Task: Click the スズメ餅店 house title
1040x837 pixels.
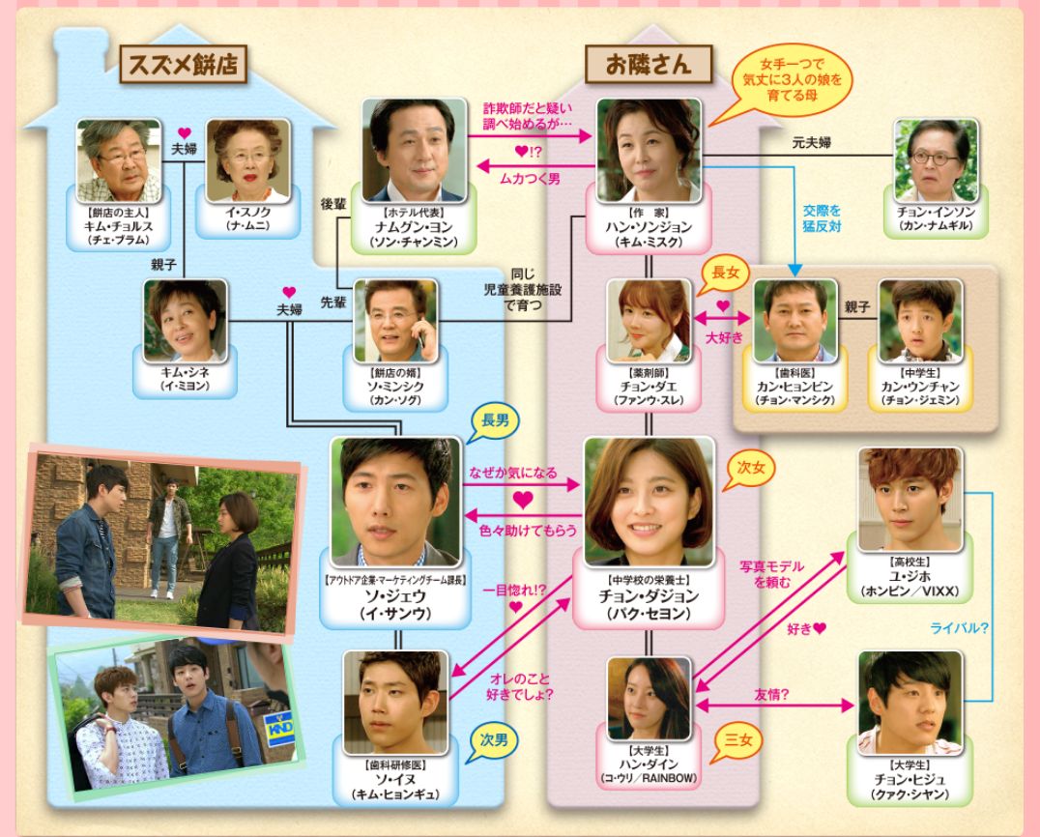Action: [181, 67]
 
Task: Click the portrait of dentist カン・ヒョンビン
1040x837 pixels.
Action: [794, 321]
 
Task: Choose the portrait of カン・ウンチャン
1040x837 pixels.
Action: [920, 321]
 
